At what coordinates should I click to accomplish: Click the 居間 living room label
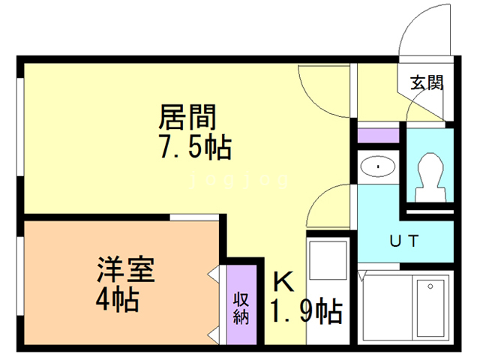pyautogui.click(x=187, y=117)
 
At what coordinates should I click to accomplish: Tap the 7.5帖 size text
pyautogui.click(x=196, y=148)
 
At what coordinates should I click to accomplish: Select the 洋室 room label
pyautogui.click(x=126, y=270)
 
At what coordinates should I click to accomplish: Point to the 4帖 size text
pyautogui.click(x=118, y=301)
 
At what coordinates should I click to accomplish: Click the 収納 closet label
pyautogui.click(x=241, y=308)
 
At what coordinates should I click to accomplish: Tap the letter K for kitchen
pyautogui.click(x=283, y=282)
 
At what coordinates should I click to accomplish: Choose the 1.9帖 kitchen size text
pyautogui.click(x=306, y=311)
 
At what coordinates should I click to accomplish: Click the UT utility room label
pyautogui.click(x=404, y=241)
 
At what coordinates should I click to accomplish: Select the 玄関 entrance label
pyautogui.click(x=427, y=82)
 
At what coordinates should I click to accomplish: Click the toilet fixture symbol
pyautogui.click(x=430, y=178)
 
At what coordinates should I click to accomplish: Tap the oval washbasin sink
pyautogui.click(x=378, y=166)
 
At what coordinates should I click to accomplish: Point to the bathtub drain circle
pyautogui.click(x=430, y=286)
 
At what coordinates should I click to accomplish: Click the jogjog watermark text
pyautogui.click(x=239, y=180)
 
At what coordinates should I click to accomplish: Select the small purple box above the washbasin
pyautogui.click(x=378, y=136)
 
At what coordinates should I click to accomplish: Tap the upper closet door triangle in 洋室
pyautogui.click(x=214, y=273)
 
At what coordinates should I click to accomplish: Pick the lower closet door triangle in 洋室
pyautogui.click(x=214, y=335)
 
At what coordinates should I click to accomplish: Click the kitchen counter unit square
pyautogui.click(x=328, y=260)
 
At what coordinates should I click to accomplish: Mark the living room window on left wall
pyautogui.click(x=20, y=127)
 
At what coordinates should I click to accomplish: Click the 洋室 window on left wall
pyautogui.click(x=20, y=276)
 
